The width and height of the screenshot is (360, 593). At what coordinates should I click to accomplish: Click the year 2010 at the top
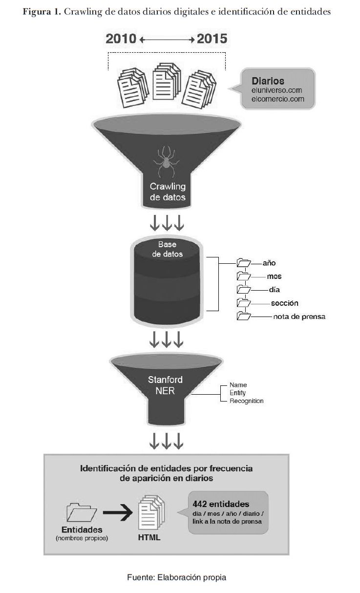pos(121,39)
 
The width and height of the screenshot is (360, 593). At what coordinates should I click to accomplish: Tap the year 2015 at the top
pos(212,39)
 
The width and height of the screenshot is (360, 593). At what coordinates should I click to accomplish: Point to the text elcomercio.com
pos(277,99)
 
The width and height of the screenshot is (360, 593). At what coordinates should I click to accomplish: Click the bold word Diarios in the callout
pos(268,81)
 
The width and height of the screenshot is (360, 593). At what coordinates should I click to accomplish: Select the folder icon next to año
pos(243,263)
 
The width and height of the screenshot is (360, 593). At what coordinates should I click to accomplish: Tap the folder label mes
pos(274,276)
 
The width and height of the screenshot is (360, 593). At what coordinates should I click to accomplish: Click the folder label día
pos(274,290)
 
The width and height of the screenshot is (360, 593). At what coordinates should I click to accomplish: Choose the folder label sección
pos(284,303)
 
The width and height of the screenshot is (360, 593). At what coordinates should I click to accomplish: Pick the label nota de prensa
pos(299,317)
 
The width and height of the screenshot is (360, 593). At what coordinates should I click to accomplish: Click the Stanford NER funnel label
pos(166,384)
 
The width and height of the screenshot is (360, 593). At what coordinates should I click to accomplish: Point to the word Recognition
pos(246,401)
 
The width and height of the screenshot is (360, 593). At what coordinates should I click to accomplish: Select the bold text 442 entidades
pos(221,504)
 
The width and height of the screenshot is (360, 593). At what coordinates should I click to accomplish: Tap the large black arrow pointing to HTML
pos(118,512)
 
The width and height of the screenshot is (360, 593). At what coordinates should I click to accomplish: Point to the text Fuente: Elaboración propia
pos(177,577)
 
